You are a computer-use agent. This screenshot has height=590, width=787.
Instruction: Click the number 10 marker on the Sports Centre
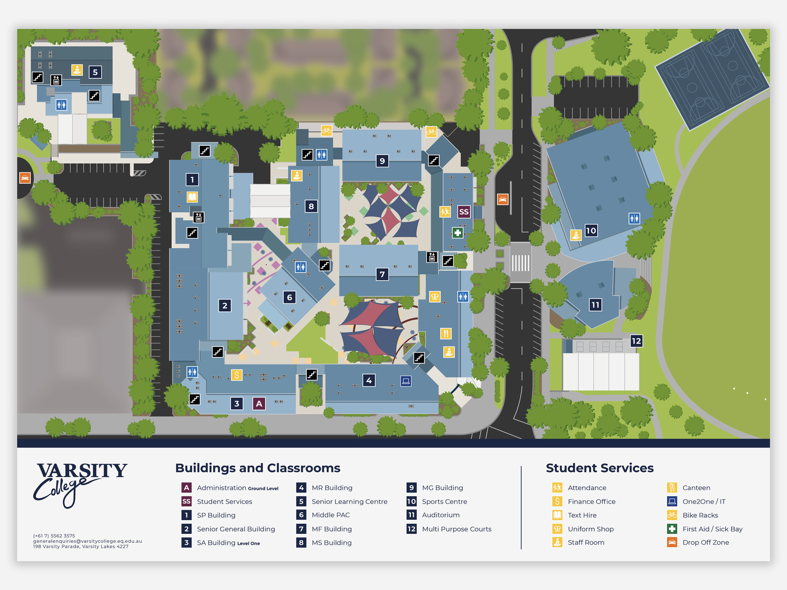click(591, 231)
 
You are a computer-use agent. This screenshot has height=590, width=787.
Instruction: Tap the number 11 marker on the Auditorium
click(595, 305)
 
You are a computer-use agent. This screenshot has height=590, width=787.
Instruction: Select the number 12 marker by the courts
click(636, 341)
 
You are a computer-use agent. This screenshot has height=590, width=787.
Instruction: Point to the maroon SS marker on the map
click(463, 212)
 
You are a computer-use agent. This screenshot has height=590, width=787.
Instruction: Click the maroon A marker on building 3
click(259, 404)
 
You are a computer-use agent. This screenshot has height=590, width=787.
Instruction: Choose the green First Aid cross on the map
click(457, 233)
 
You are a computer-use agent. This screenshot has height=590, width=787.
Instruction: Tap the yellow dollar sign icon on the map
click(237, 375)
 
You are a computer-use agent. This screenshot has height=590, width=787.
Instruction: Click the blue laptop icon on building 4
click(406, 381)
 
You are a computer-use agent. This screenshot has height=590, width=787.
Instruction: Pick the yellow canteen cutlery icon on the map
click(445, 334)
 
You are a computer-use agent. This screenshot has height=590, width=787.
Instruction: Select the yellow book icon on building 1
click(192, 197)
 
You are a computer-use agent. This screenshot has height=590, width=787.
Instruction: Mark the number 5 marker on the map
click(95, 72)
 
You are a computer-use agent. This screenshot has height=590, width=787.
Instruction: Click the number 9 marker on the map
click(382, 161)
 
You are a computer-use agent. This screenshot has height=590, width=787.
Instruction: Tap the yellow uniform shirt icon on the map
click(435, 296)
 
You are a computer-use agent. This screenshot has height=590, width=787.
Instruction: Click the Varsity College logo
click(80, 484)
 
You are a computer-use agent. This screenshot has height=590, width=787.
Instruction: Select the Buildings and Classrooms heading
click(258, 468)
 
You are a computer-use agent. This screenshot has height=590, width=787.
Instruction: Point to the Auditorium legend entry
click(441, 515)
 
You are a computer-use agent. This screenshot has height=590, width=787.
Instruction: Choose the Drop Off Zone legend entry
click(705, 543)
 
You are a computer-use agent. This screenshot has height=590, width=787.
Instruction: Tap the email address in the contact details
click(88, 541)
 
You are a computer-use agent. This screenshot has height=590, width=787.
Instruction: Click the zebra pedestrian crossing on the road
click(520, 263)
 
